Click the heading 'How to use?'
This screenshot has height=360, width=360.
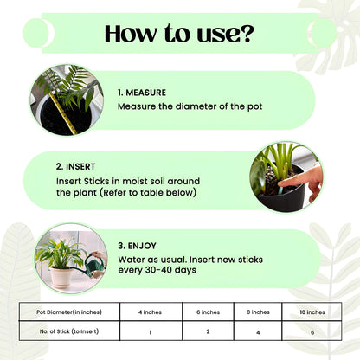tap(179, 34)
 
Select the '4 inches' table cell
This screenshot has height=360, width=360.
tap(151, 312)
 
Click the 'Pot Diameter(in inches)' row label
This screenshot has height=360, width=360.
tap(68, 312)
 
